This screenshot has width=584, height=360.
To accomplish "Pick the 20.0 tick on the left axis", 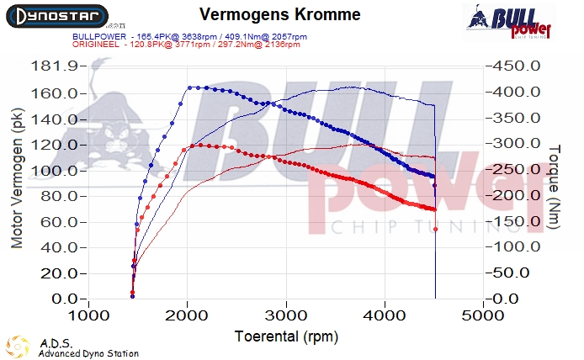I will pos(59,273).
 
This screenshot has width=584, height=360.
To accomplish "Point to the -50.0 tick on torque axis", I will pos(511,273).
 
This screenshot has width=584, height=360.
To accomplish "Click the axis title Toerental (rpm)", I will pos(285,336).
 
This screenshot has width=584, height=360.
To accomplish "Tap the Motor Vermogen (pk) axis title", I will pos(17,182).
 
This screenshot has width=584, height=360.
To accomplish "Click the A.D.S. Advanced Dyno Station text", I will pos(88,348).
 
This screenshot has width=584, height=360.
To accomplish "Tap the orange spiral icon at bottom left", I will pos(18,347).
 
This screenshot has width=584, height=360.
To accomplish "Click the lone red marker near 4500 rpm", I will pos(435,230).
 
